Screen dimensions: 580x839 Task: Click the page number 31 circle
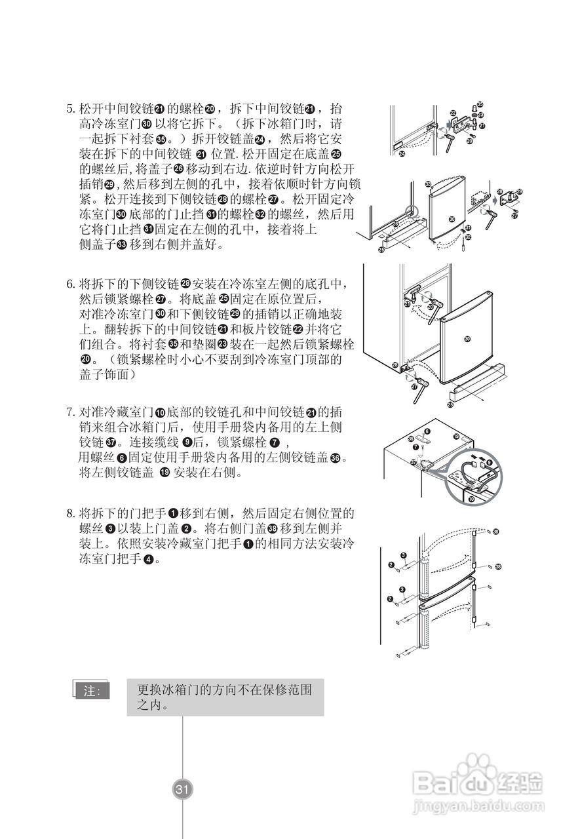tap(182, 789)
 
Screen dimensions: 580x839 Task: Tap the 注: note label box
tap(92, 691)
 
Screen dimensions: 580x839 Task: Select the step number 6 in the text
tap(71, 284)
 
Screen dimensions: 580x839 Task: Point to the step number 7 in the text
tap(71, 412)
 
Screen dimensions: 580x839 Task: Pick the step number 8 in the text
tap(71, 513)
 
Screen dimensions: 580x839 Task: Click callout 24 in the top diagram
tap(402, 154)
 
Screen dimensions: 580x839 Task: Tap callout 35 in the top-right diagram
tap(480, 104)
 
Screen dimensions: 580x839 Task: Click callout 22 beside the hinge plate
tap(453, 113)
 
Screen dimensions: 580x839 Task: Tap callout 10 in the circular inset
tap(473, 499)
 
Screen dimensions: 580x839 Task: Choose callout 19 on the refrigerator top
tap(456, 436)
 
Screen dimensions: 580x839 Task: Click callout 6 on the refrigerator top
tap(427, 431)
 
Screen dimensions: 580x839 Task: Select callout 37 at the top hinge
tap(413, 462)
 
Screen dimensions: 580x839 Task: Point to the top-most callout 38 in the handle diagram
tap(495, 531)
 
